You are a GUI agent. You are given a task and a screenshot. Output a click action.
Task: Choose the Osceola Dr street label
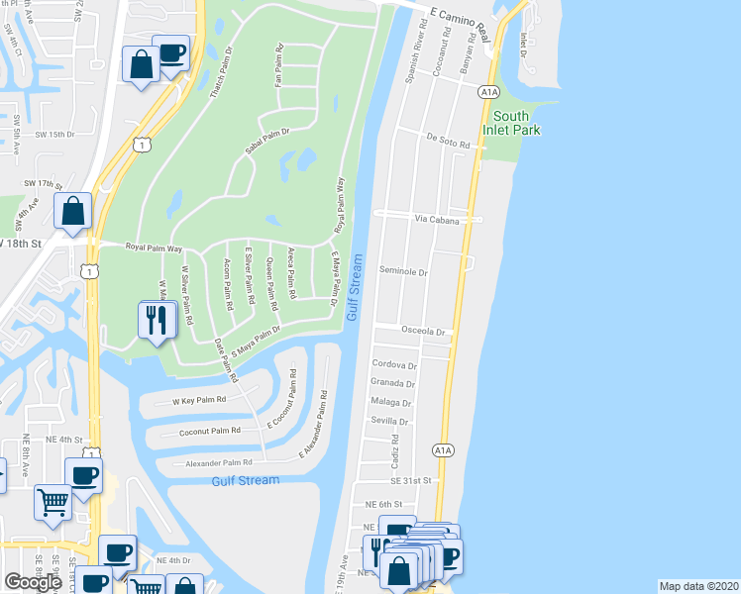click(x=425, y=331)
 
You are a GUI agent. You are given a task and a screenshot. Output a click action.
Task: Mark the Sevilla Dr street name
click(x=390, y=420)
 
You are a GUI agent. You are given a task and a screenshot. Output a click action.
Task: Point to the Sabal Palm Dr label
click(x=266, y=143)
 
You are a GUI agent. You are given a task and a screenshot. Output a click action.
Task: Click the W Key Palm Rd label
click(x=199, y=401)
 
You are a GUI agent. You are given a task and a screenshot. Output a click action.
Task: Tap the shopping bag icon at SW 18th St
click(x=72, y=211)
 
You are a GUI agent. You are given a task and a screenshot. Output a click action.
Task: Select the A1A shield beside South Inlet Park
click(x=487, y=92)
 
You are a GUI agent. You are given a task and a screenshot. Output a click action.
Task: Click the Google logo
click(x=33, y=582)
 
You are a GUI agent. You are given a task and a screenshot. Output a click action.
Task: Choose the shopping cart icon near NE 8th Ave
click(x=53, y=500)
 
